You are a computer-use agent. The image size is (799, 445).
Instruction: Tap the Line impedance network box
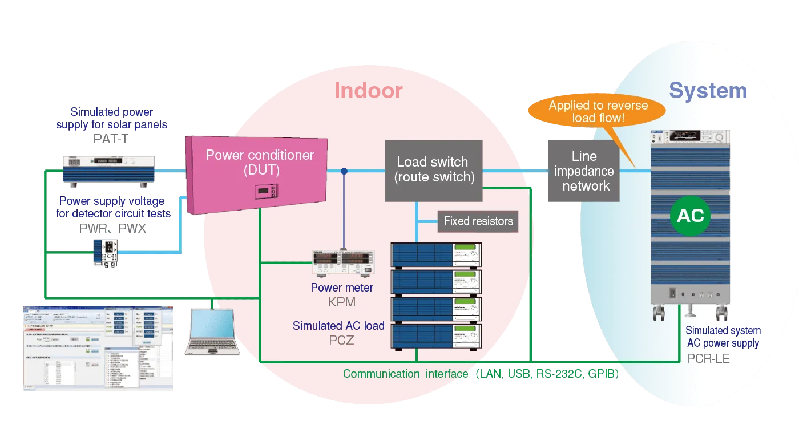584,171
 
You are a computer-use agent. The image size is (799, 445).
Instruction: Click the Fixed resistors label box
478,221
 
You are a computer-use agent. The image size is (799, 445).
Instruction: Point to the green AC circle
690,216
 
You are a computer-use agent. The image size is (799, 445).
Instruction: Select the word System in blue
708,91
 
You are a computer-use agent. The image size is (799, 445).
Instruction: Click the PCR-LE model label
708,359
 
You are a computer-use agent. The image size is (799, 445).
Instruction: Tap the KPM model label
342,302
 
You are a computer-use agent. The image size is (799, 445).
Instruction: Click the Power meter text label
342,288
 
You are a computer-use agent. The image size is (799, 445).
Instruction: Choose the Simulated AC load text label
338,326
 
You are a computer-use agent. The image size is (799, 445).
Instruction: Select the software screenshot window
98,349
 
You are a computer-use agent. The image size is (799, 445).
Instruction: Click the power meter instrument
342,263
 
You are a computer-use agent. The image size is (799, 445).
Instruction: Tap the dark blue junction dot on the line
344,171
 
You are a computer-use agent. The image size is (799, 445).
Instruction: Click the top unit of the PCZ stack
436,254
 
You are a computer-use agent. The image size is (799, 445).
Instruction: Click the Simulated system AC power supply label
723,337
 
